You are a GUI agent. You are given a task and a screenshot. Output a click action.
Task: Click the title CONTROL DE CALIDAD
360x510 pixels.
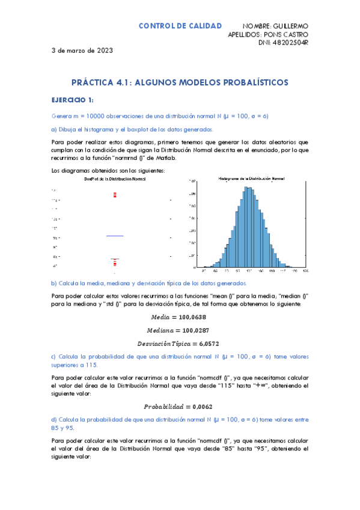point(180,26)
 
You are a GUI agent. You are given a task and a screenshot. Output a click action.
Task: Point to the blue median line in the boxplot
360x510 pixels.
point(115,236)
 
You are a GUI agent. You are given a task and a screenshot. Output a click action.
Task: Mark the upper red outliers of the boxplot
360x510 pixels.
point(115,194)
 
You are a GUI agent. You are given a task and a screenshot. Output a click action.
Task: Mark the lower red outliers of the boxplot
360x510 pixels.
point(115,262)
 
